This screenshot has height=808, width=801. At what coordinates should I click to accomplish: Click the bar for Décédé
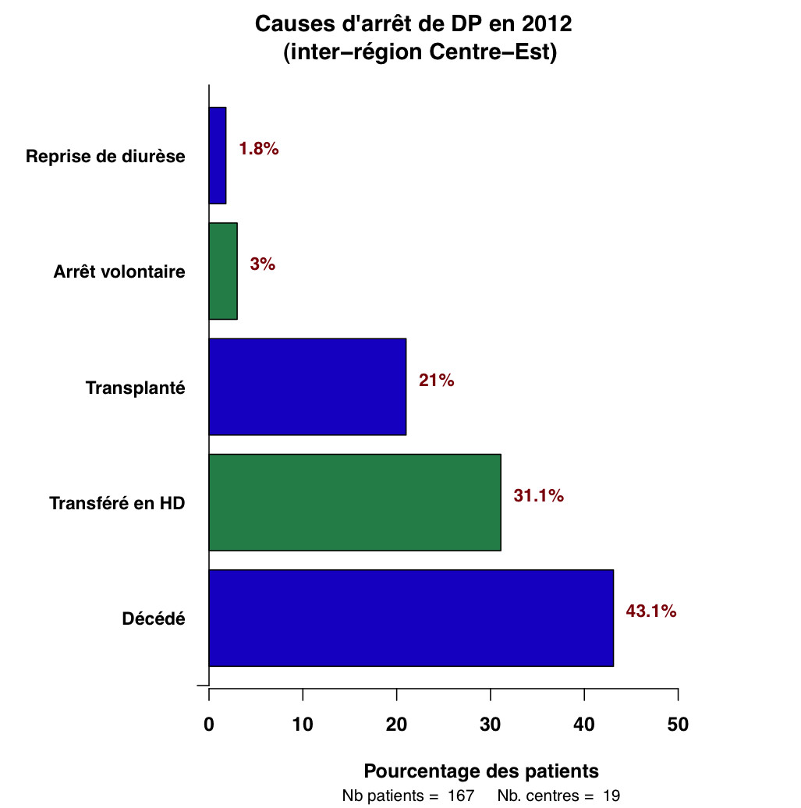click(411, 618)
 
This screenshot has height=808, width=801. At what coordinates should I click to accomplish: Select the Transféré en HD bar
click(355, 502)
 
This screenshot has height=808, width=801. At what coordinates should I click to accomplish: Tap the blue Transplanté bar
click(307, 386)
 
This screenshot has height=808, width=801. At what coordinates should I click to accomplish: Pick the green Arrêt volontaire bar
click(223, 271)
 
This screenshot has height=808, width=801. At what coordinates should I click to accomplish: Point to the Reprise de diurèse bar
click(218, 155)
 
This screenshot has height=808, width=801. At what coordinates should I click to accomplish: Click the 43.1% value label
click(651, 611)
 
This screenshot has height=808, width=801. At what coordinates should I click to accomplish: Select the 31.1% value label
click(538, 496)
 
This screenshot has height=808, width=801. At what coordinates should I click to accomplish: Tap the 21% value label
click(436, 381)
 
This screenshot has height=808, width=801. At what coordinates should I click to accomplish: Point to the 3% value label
click(263, 264)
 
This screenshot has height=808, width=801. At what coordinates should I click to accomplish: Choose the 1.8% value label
click(259, 149)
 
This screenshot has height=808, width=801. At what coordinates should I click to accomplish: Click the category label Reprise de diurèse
click(105, 156)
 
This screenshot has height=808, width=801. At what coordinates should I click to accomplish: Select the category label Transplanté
click(136, 388)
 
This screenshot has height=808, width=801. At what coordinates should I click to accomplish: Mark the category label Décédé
click(154, 619)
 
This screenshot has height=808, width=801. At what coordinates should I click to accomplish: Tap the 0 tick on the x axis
click(209, 724)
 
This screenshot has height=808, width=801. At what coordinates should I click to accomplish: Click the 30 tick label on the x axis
click(491, 724)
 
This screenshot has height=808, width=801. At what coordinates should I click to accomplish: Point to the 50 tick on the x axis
click(678, 724)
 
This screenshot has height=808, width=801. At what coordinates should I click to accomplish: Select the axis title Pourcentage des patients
click(481, 771)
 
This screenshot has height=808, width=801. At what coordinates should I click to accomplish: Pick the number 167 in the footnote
click(461, 796)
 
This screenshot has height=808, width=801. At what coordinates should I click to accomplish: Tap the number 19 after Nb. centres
click(611, 796)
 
